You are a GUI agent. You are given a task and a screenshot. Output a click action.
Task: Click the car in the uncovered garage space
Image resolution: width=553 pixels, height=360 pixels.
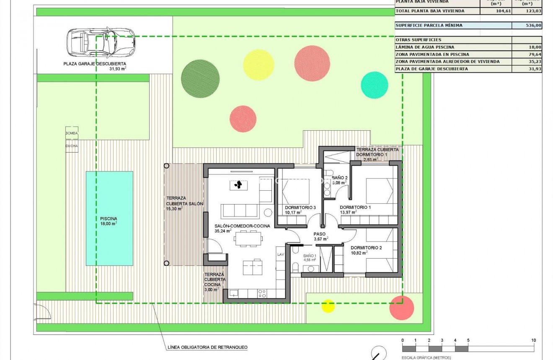coord(101,42)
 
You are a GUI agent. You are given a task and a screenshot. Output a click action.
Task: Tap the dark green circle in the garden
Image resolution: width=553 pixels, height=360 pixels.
coord(200,78)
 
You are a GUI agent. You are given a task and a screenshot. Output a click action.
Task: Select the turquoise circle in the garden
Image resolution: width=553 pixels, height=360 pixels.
coord(375,85)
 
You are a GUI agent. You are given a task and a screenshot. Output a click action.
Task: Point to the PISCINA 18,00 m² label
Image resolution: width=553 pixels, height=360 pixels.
coord(109,221)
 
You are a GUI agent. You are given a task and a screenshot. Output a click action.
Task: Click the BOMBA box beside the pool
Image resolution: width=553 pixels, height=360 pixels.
coord(72,133)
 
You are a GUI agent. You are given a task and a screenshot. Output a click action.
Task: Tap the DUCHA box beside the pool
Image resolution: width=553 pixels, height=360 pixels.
coord(72,146)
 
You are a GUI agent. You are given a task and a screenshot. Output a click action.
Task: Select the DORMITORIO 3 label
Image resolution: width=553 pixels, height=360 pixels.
coord(300,207)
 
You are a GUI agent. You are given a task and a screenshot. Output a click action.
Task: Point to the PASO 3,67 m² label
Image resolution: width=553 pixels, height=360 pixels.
coord(320,236)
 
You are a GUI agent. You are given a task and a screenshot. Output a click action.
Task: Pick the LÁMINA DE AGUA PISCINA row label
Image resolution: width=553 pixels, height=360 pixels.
coord(425,47)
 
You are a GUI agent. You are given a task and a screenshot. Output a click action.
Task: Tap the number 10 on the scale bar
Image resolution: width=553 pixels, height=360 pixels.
coord(533,340)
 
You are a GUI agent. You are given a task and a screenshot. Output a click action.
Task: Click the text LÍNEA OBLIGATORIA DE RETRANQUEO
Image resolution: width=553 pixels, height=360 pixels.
coord(207,347)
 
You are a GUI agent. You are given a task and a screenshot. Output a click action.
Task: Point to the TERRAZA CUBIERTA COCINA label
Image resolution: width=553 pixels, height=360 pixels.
coord(214,279)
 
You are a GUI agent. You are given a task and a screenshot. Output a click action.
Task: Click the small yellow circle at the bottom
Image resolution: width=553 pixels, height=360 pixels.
coord(328,306)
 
